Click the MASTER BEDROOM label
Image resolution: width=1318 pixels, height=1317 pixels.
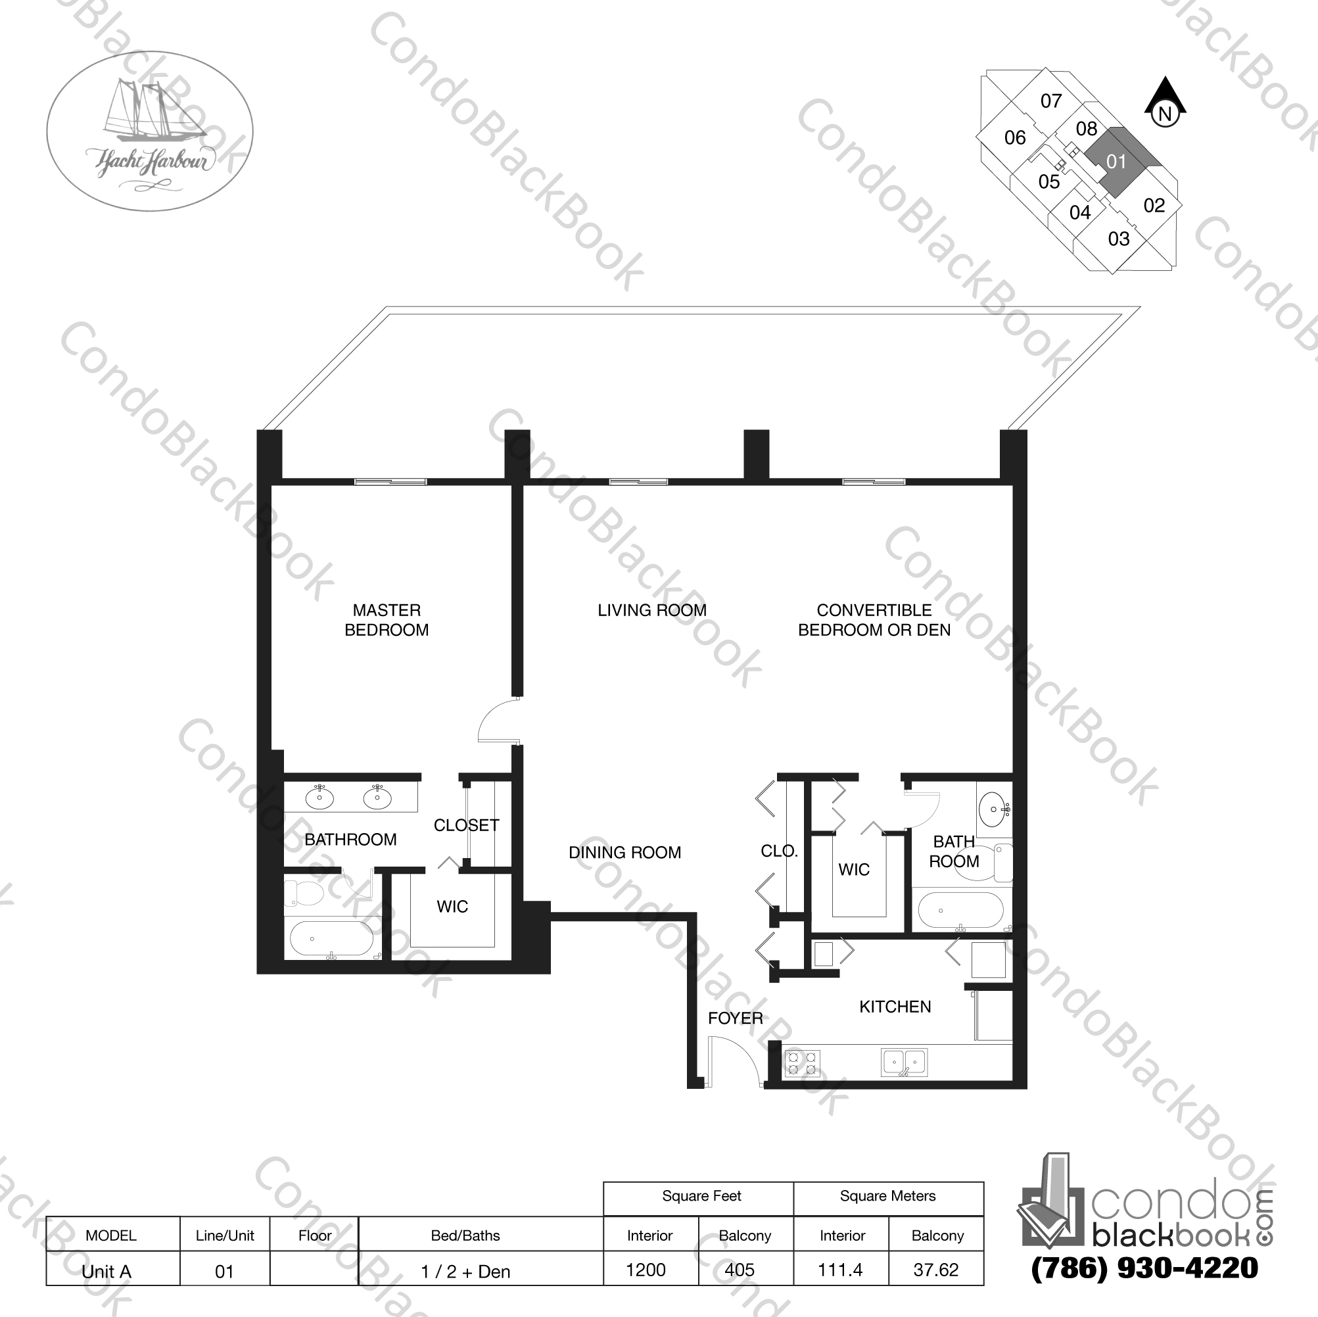pos(386,619)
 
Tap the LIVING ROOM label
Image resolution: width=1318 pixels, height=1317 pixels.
pos(651,610)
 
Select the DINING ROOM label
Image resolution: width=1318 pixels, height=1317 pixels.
pos(624,852)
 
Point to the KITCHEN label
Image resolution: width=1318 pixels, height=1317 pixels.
pos(895,1007)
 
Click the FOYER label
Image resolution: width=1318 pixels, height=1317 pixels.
pos(735,1018)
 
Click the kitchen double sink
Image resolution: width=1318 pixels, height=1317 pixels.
pos(904,1062)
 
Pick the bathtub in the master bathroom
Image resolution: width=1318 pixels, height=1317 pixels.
pos(331,939)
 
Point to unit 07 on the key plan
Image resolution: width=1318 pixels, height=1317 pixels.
pos(1050,101)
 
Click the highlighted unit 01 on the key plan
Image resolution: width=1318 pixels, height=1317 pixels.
pos(1116,162)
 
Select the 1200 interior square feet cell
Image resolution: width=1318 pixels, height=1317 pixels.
pos(646,1269)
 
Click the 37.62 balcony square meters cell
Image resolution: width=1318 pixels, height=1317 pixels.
pos(936,1269)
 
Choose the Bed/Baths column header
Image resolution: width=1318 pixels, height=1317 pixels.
pos(465,1235)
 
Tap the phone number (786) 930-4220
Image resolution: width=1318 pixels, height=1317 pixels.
pos(1144,1268)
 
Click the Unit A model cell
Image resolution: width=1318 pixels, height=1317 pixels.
pos(106,1271)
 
